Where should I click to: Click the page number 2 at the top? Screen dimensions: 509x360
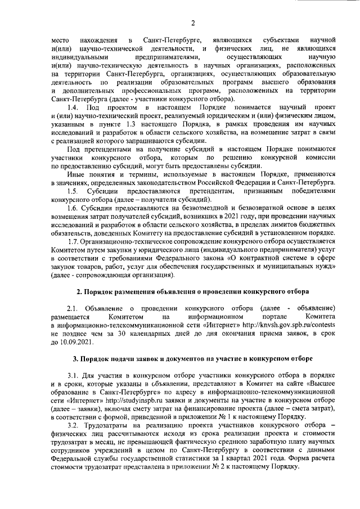point(193,22)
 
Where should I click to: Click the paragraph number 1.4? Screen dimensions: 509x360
point(72,107)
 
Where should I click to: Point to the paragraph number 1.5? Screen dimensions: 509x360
point(72,191)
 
